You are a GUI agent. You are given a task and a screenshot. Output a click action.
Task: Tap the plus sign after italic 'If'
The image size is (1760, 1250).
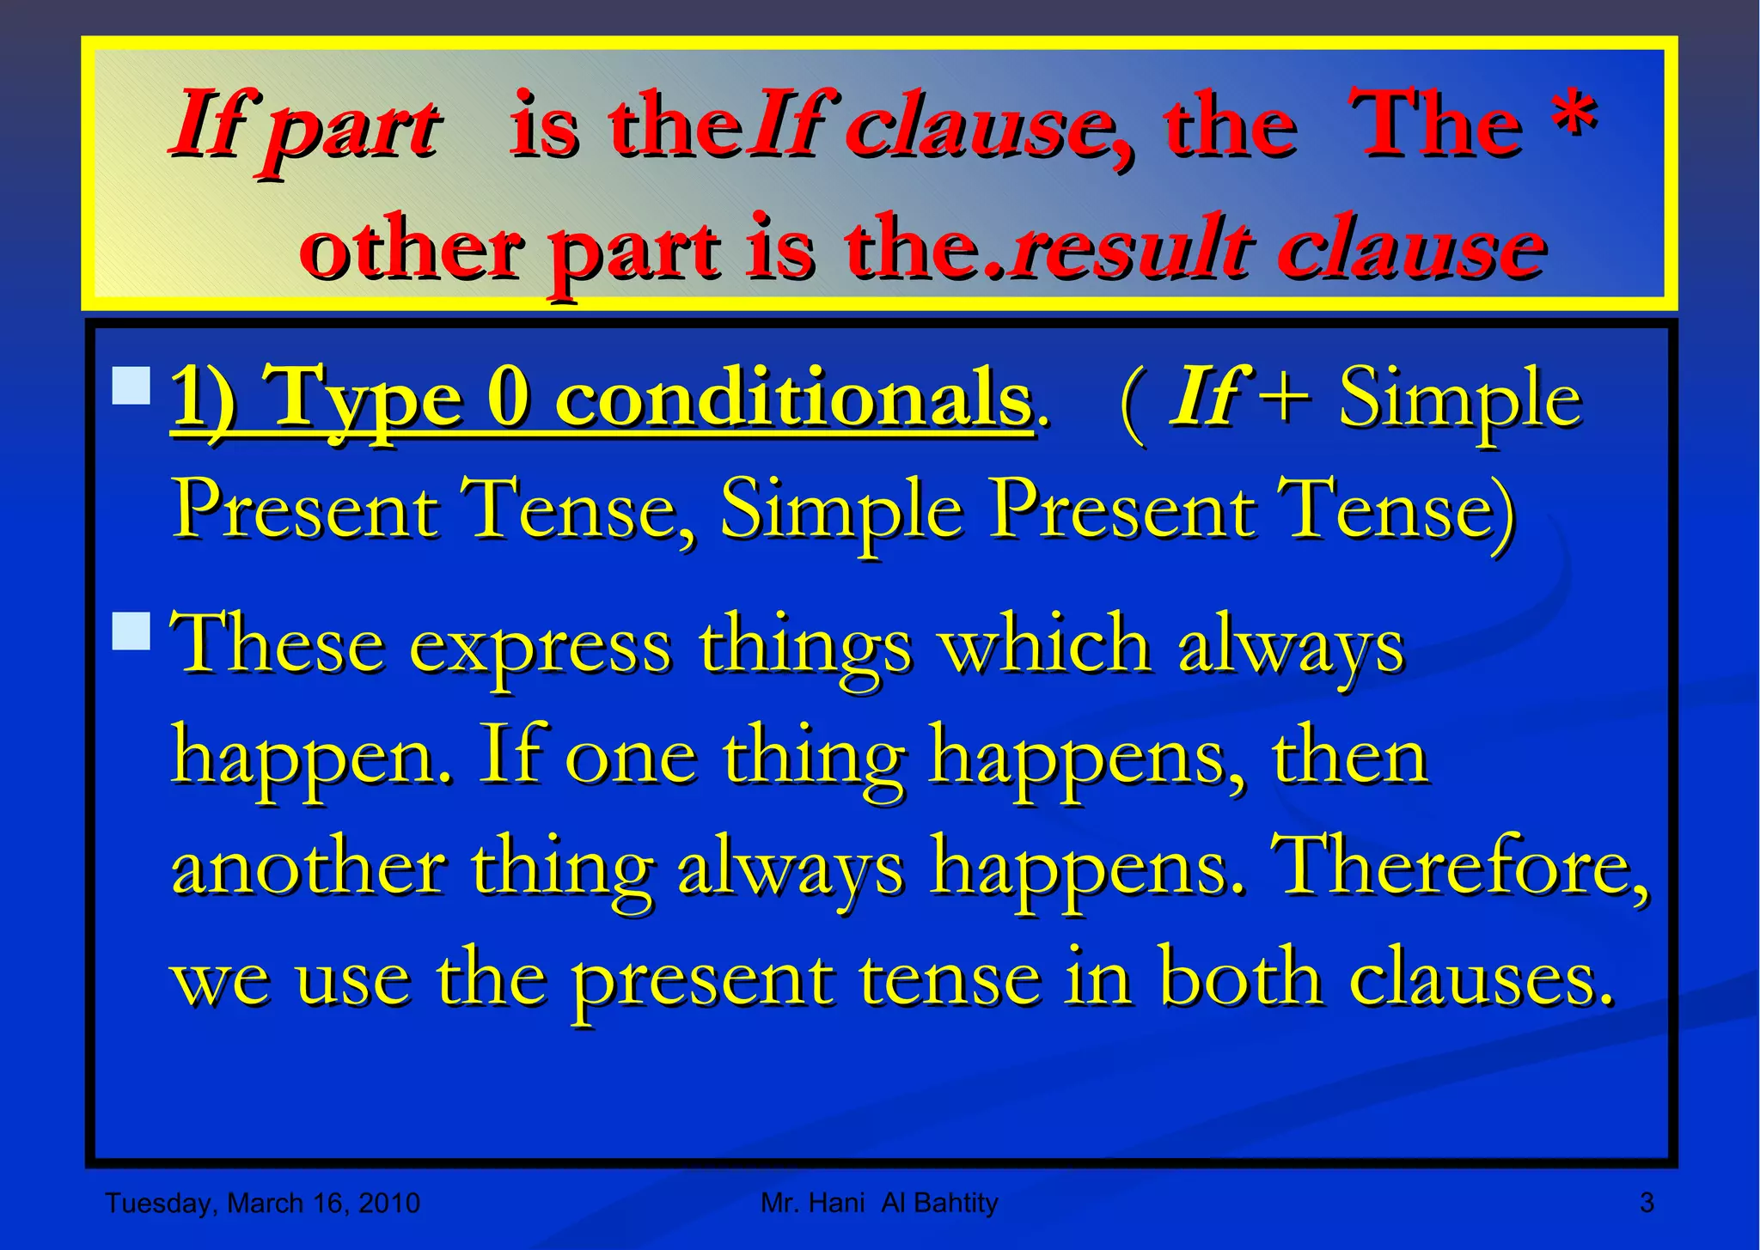[1283, 398]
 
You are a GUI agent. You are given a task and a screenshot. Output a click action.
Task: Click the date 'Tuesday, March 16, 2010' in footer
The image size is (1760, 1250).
[262, 1203]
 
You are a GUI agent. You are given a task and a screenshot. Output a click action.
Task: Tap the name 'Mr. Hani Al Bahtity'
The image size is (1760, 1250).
[879, 1203]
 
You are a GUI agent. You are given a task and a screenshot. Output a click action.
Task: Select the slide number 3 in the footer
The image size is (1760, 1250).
[1647, 1202]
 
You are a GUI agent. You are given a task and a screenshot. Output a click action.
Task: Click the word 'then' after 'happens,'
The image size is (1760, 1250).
[1349, 756]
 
